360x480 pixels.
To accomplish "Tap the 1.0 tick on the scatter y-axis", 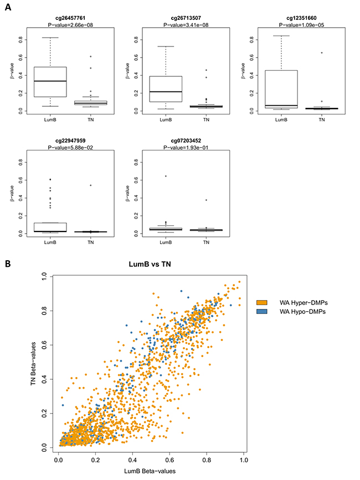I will [x=49, y=276].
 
